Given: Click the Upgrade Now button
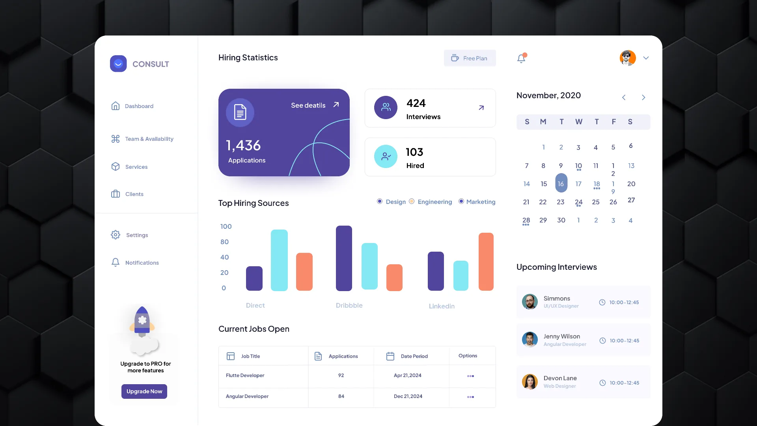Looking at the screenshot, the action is tap(144, 391).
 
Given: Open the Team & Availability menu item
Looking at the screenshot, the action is tap(142, 139).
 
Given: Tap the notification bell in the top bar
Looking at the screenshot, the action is tap(522, 58).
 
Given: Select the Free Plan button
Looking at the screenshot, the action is tap(470, 58).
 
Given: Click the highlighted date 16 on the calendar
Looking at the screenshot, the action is tap(561, 183).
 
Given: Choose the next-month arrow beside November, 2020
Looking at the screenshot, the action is tap(643, 97).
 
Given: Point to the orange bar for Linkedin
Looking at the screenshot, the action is tap(486, 262).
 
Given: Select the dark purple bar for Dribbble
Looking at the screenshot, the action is tap(344, 258).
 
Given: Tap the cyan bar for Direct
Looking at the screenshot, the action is tap(279, 260).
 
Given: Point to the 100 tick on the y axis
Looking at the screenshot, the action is tap(226, 226).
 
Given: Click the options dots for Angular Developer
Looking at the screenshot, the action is tap(470, 397).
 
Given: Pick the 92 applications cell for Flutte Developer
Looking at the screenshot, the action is tap(341, 376).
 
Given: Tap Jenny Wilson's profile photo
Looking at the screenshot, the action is tap(530, 339).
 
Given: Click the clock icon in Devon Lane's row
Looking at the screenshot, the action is tap(602, 383).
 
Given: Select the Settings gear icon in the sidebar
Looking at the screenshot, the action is tap(116, 235).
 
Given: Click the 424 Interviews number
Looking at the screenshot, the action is tap(416, 103).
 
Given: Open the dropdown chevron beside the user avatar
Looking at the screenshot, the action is tap(646, 58).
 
